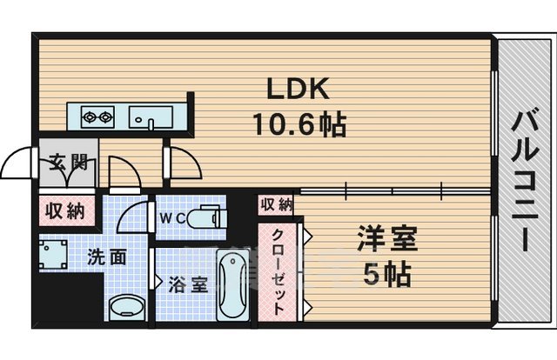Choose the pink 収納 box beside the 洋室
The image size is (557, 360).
(276, 205)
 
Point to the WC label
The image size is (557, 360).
(171, 217)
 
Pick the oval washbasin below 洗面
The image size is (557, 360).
(127, 308)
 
